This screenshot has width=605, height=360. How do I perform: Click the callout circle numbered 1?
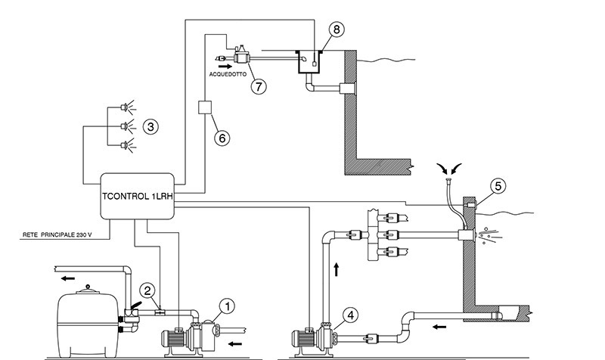click(x=226, y=306)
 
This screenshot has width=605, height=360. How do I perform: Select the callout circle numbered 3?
click(x=151, y=126)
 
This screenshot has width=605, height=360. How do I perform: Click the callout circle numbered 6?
click(x=221, y=138)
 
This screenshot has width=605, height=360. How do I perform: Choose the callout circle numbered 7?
click(x=259, y=85)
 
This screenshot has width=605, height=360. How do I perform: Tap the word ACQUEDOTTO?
click(x=231, y=76)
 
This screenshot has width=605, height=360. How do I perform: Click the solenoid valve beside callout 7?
click(x=240, y=55)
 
